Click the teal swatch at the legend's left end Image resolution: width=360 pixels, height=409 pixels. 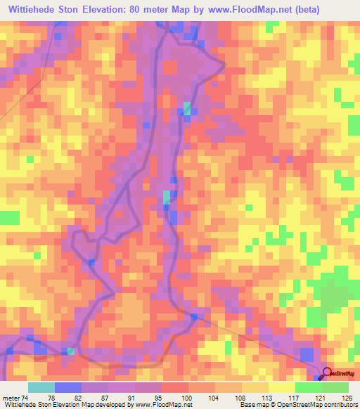[x=41, y=387]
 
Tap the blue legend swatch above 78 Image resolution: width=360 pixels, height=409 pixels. [x=68, y=387]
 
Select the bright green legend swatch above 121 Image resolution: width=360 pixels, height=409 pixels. [x=308, y=387]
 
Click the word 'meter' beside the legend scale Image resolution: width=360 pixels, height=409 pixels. [x=12, y=398]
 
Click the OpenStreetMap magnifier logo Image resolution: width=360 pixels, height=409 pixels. [x=327, y=373]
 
